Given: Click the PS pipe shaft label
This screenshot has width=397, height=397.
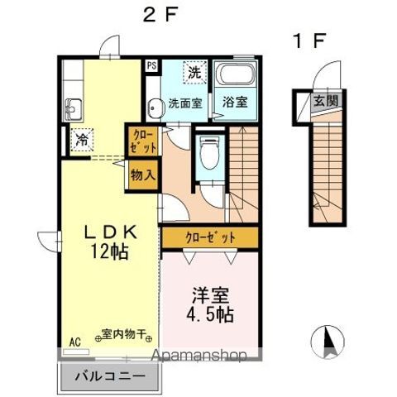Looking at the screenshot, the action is (151, 66).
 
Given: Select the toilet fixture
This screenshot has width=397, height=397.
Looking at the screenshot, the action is (210, 154).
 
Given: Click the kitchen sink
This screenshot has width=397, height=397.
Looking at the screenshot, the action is (74, 109).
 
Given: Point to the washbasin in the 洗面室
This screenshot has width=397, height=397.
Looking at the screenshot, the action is (153, 108).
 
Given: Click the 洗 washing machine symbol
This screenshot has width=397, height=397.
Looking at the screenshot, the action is (195, 72).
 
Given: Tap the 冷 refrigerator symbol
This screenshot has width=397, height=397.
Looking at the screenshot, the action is (82, 140).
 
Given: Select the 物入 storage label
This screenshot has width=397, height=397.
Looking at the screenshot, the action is (143, 175).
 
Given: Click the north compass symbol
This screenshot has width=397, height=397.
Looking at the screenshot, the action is (328, 342).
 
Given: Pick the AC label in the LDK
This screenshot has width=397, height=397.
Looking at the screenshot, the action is (75, 342).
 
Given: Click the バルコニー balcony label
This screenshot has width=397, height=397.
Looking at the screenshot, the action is (110, 376).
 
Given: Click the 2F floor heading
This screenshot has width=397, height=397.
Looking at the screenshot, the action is (160, 15).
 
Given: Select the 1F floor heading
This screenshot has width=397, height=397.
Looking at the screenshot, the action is (309, 41).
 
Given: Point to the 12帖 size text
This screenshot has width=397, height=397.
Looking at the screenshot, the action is (110, 251).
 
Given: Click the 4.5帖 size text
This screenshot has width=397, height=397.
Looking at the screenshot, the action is (210, 315).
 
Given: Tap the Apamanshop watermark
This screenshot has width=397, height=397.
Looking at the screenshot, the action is (199, 356).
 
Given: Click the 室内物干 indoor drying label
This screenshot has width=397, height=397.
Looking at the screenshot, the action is (123, 334).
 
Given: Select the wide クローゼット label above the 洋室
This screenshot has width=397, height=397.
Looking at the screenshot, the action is (210, 237).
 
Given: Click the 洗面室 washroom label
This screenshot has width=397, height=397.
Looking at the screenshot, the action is (185, 103).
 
